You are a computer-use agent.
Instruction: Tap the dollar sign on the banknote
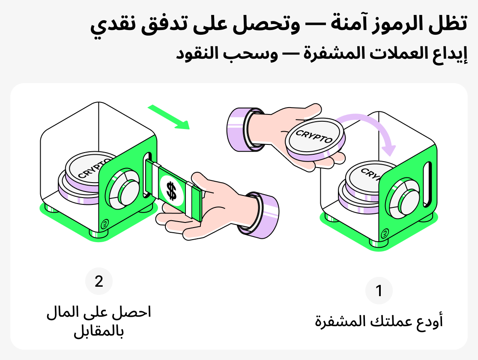pos(171,191)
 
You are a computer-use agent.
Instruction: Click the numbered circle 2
pos(99,282)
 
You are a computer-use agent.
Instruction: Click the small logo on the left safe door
pos(104,224)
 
